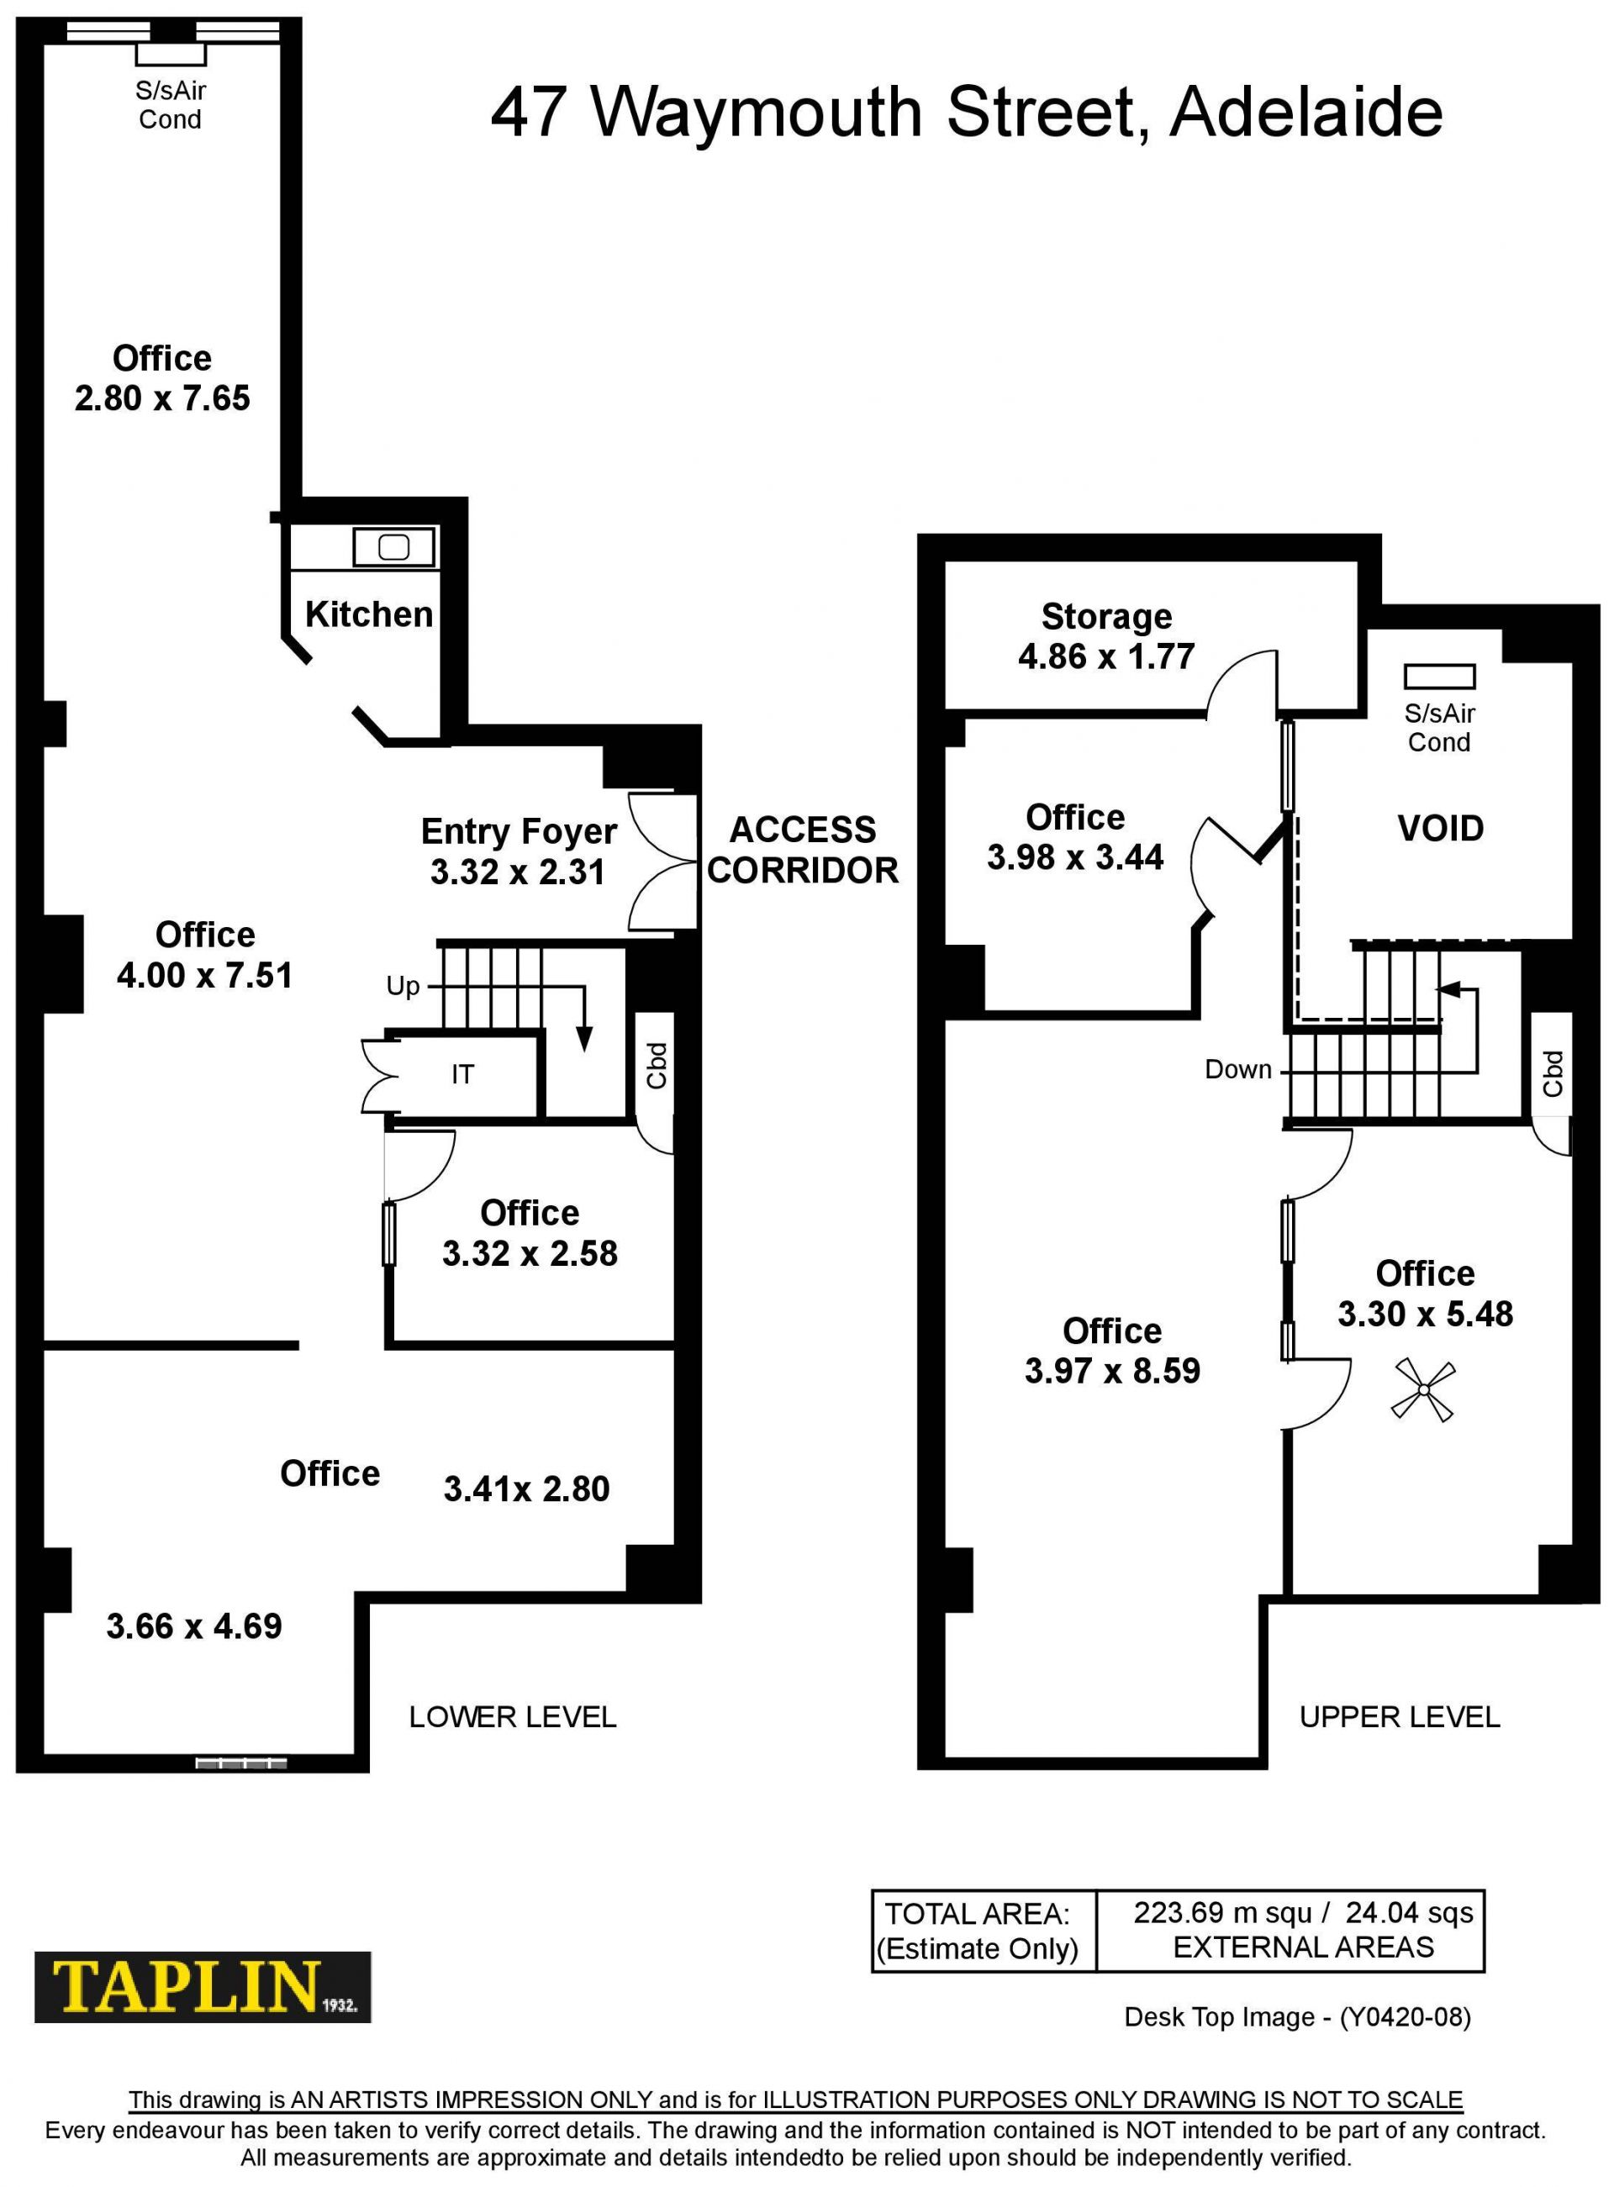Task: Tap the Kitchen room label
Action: coord(369,614)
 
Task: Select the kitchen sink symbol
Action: coord(393,547)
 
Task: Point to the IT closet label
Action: coord(462,1074)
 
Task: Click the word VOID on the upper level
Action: coord(1440,828)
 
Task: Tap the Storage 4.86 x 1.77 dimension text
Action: coord(1106,656)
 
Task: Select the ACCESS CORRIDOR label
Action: coord(802,850)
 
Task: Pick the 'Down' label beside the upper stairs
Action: coord(1238,1070)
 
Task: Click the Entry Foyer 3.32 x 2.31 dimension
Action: coord(518,872)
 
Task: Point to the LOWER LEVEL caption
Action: coord(513,1716)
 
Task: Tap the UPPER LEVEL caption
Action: coord(1399,1716)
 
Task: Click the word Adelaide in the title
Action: coord(1306,113)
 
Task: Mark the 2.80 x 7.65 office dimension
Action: coord(162,398)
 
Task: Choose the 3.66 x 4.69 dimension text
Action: coord(193,1626)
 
